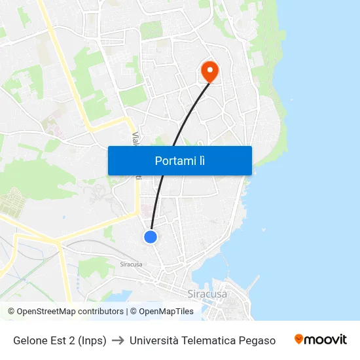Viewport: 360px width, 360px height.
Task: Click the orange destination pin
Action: point(209,71)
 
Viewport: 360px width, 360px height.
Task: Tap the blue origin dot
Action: point(151,237)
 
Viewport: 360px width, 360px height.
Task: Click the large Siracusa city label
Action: point(207,294)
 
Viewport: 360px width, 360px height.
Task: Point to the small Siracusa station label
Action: point(131,264)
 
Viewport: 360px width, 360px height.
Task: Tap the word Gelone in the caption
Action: point(31,340)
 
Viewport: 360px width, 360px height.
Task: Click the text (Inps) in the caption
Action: point(92,340)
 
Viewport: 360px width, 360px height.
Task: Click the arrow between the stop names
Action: point(118,340)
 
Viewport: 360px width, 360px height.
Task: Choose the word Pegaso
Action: point(258,340)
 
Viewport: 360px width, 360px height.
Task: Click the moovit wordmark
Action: point(326,340)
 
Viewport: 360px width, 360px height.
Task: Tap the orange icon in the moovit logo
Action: point(299,339)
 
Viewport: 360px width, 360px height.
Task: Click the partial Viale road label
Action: point(135,138)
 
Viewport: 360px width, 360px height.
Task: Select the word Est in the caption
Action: point(60,340)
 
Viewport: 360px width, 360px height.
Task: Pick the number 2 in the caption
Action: point(73,340)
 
